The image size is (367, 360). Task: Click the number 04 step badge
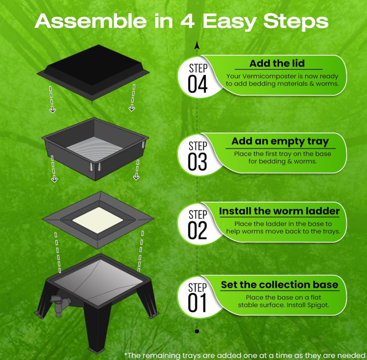point(198,77)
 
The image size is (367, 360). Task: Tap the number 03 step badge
point(198,155)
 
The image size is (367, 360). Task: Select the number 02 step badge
point(198,224)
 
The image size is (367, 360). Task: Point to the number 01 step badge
point(198,297)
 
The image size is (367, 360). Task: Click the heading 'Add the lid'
point(277,64)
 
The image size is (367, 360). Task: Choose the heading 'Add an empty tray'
point(280,141)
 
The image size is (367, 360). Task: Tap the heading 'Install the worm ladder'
point(279,211)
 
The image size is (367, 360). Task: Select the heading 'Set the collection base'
point(280,285)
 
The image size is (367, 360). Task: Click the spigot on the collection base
point(60,304)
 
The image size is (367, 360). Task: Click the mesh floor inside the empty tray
point(95,148)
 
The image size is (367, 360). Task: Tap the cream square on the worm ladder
point(98,220)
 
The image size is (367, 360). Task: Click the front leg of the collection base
point(98,328)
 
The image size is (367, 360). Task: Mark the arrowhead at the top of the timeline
point(197,45)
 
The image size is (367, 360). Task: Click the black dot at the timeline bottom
point(197,331)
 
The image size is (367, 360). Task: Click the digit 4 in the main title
point(187,21)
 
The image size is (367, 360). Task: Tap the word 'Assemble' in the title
point(91,21)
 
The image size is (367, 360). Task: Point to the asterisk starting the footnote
point(126,354)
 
